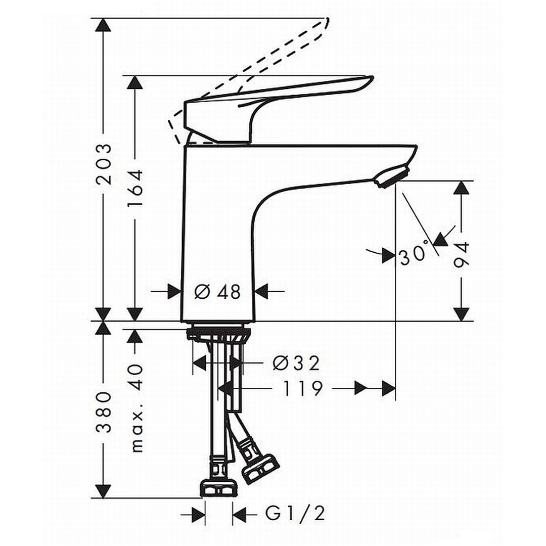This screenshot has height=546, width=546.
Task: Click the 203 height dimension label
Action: (104, 164)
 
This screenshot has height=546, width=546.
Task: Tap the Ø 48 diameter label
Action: (217, 291)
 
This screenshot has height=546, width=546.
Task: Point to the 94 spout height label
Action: (462, 254)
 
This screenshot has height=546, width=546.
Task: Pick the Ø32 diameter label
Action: (296, 363)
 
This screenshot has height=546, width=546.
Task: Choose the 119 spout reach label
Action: (302, 389)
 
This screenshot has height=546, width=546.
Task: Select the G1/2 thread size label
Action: (295, 513)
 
